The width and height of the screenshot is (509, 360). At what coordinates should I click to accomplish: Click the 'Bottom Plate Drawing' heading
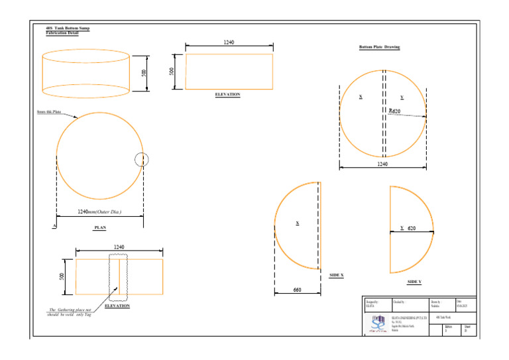pyautogui.click(x=379, y=48)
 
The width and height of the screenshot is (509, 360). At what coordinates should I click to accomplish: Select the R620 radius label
pyautogui.click(x=394, y=111)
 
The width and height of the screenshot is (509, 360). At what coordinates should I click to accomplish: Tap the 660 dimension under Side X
pyautogui.click(x=297, y=290)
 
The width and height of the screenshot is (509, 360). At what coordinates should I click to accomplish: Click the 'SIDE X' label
pyautogui.click(x=337, y=274)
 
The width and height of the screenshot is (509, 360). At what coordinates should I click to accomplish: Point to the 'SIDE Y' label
pyautogui.click(x=414, y=282)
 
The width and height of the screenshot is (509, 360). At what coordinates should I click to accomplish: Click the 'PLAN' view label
pyautogui.click(x=100, y=227)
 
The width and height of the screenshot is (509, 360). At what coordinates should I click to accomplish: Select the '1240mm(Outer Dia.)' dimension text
pyautogui.click(x=99, y=212)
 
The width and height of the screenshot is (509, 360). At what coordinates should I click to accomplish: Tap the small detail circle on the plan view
pyautogui.click(x=141, y=159)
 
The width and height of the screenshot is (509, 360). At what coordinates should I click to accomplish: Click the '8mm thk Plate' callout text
pyautogui.click(x=49, y=112)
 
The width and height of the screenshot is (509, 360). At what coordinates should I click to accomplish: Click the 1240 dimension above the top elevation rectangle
pyautogui.click(x=228, y=42)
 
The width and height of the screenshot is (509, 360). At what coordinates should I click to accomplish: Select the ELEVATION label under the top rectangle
pyautogui.click(x=227, y=95)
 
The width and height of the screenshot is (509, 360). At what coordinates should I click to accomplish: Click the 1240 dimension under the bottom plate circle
pyautogui.click(x=382, y=164)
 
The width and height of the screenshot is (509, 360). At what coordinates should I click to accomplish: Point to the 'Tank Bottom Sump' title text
pyautogui.click(x=67, y=29)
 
